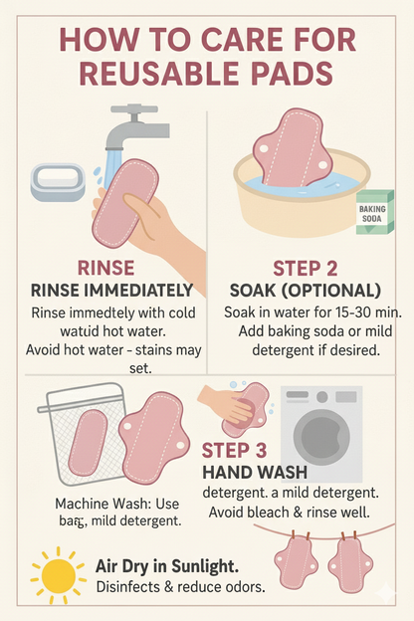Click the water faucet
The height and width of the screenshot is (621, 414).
point(134,126)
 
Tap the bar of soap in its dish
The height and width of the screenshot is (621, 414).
point(58,182)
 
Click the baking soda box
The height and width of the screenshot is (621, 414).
point(374,212)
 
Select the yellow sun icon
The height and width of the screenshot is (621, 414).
point(59,576)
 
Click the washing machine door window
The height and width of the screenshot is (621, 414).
point(321,433)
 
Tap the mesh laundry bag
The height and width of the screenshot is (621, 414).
point(85,434)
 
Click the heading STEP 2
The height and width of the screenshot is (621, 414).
point(305,268)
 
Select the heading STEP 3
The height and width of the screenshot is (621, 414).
point(234,450)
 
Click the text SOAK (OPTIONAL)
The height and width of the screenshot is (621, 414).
point(306,291)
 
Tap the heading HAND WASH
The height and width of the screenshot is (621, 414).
point(255,472)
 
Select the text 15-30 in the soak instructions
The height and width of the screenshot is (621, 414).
point(348,312)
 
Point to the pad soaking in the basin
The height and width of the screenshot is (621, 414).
point(292,150)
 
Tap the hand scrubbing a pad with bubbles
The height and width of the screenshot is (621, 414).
point(226,404)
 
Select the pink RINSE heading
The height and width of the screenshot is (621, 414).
point(105,268)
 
